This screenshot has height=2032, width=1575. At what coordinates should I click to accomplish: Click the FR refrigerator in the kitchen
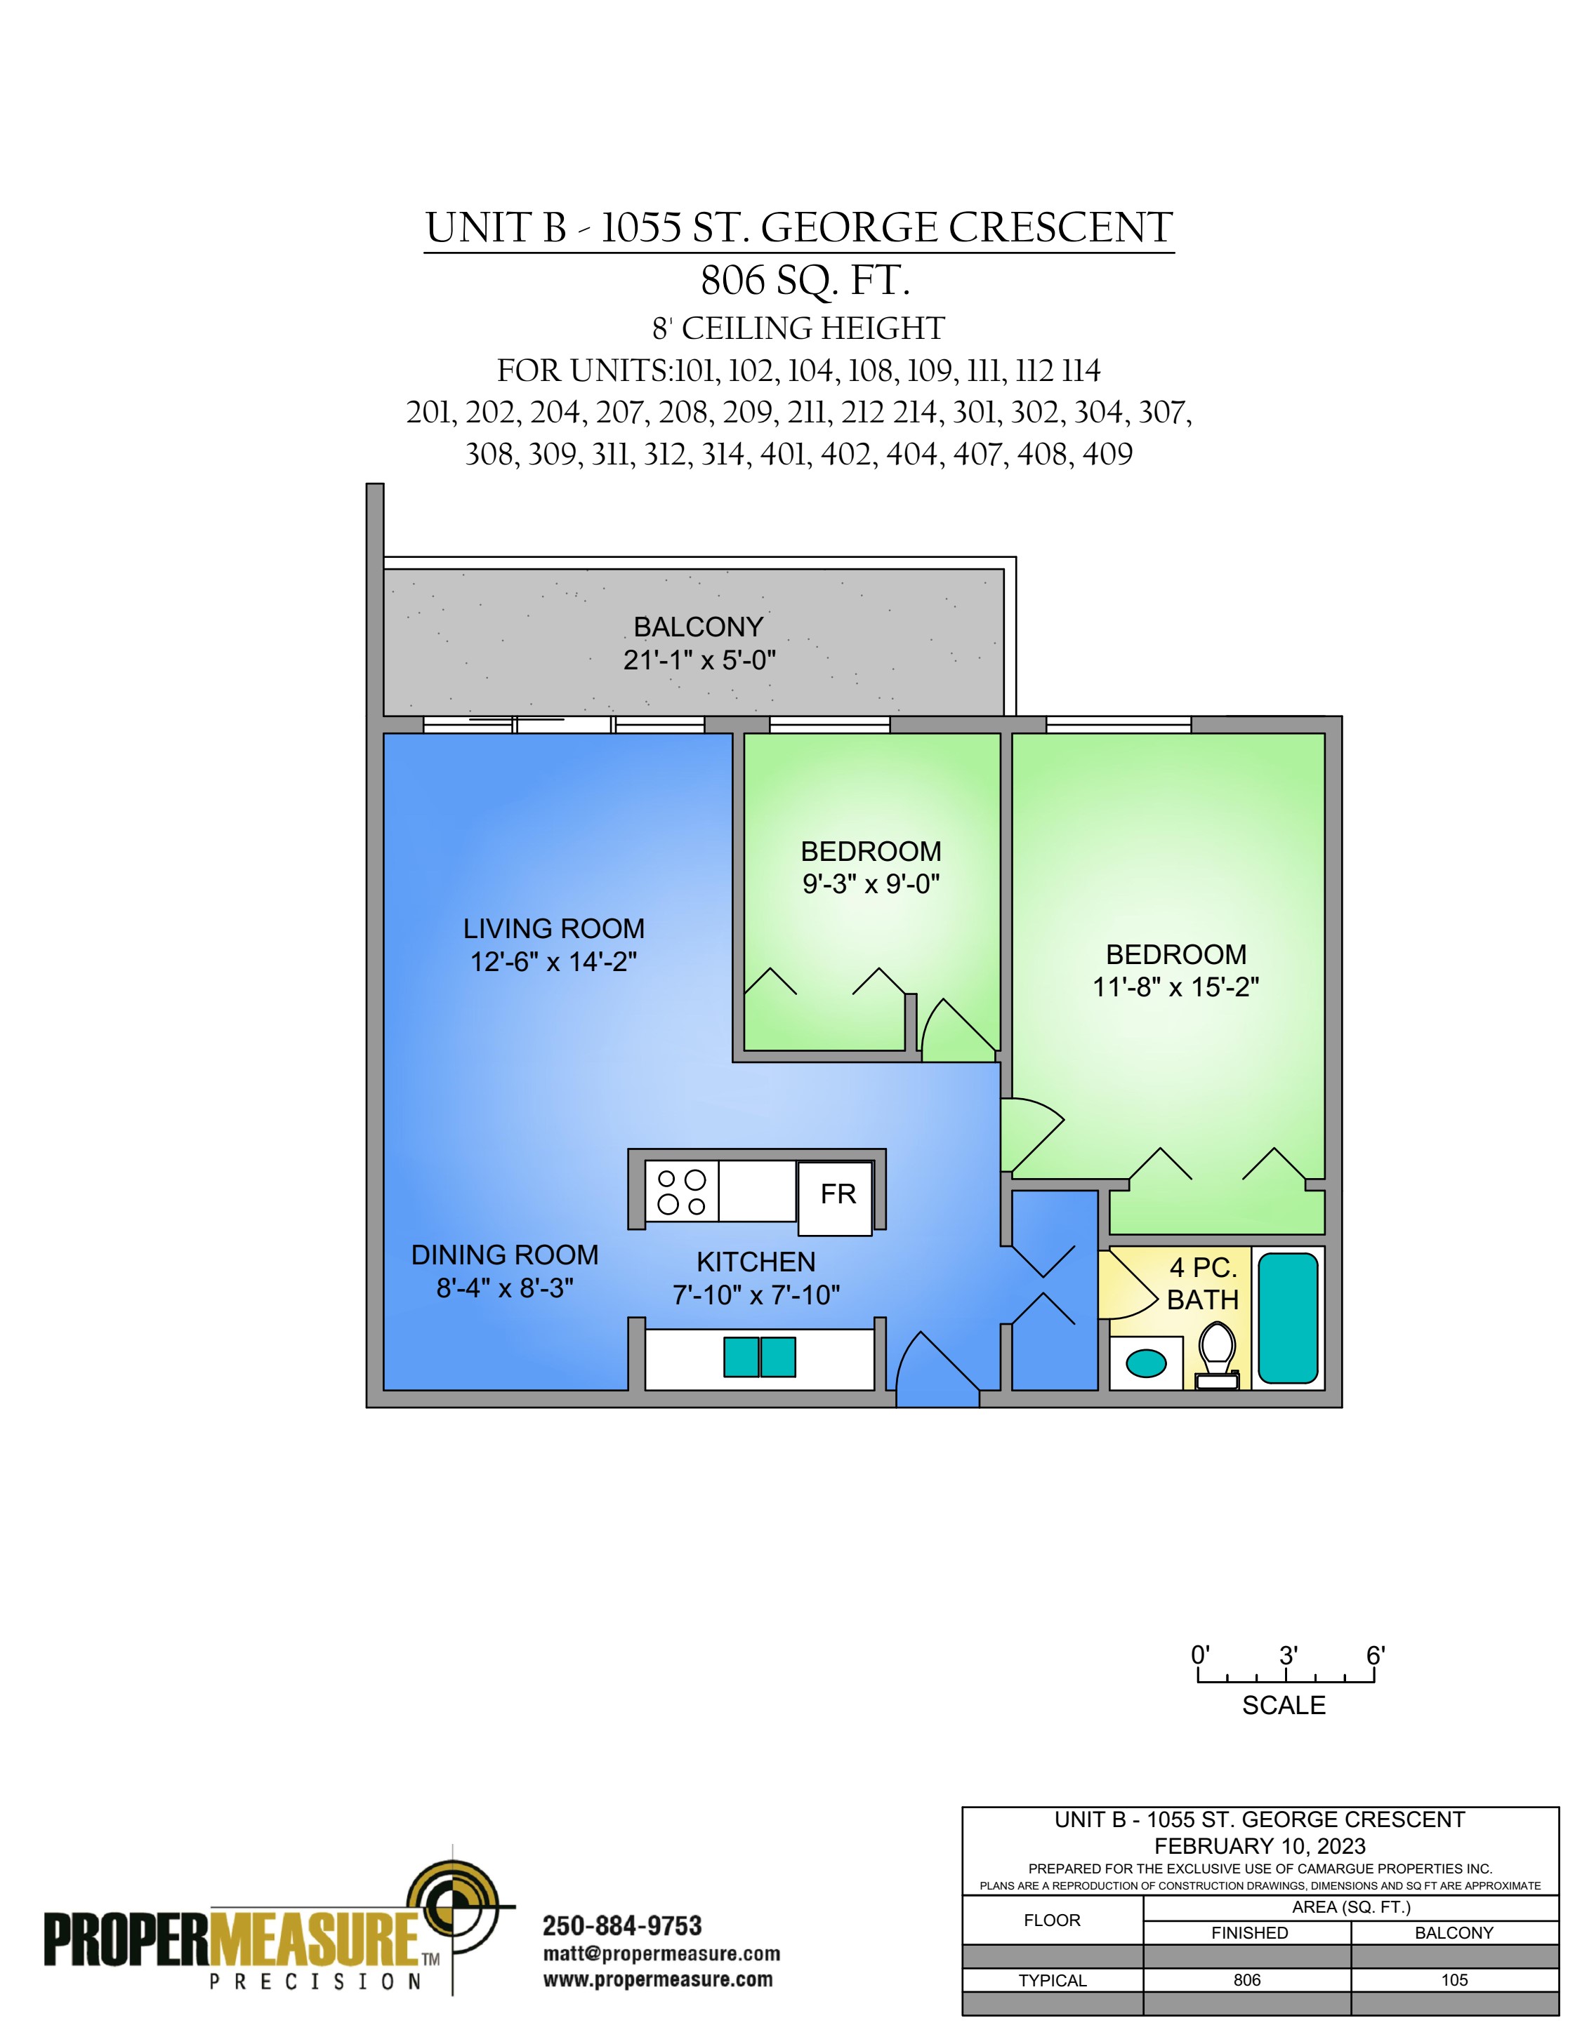(x=835, y=1198)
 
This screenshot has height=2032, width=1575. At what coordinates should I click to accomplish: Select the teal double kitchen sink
(x=760, y=1358)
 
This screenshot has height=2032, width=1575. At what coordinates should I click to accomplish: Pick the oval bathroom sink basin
(x=1146, y=1364)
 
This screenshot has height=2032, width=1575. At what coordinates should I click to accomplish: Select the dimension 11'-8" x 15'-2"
(x=1175, y=987)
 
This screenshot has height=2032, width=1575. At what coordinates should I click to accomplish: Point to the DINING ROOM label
(x=505, y=1255)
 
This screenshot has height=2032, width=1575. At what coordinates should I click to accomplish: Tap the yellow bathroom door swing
(x=1127, y=1285)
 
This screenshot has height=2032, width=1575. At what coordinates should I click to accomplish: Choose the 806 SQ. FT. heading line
(x=805, y=280)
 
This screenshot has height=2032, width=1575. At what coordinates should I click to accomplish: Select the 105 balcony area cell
(x=1454, y=1981)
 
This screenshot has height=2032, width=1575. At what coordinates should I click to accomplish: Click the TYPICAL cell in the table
(x=1052, y=1981)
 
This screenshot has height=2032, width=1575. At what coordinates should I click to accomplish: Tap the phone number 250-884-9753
(x=622, y=1926)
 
